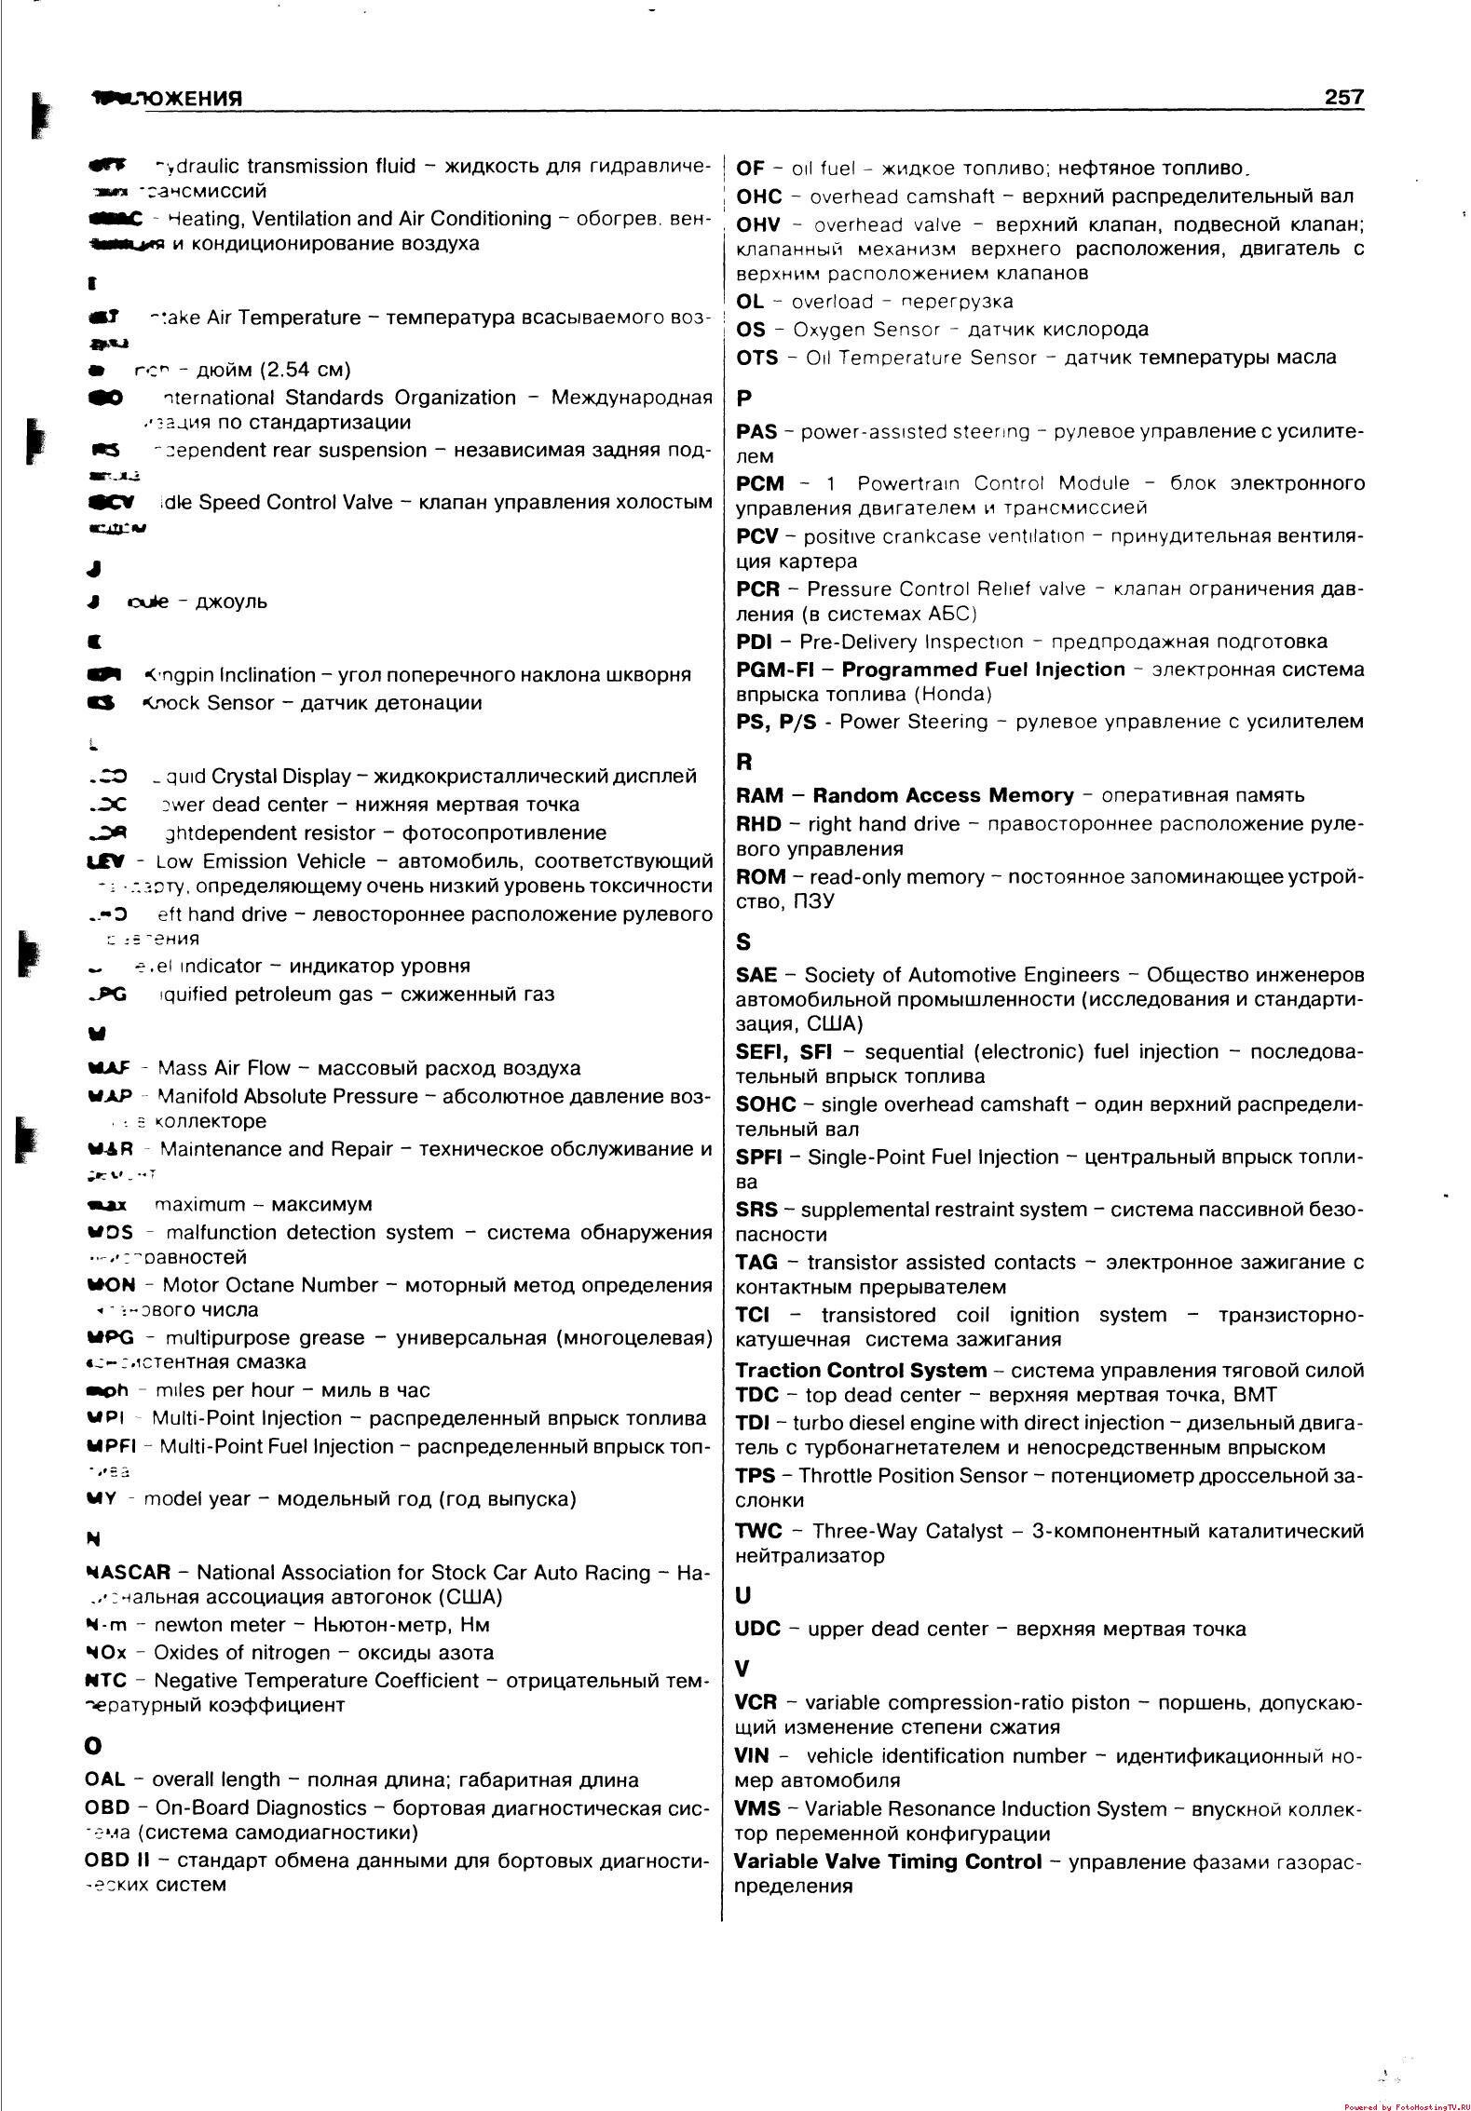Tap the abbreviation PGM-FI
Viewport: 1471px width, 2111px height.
[775, 670]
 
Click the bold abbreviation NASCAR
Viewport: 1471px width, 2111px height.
[128, 1573]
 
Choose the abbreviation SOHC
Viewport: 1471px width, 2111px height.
[766, 1104]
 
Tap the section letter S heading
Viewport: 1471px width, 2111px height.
[742, 942]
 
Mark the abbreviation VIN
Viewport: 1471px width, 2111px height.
[753, 1756]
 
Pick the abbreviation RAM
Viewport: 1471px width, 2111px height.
[759, 795]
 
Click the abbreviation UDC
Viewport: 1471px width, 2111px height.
[757, 1629]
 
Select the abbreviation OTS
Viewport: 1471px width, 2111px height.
[757, 358]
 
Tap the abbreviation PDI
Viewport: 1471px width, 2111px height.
[752, 642]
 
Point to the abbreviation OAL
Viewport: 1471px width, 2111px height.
[104, 1779]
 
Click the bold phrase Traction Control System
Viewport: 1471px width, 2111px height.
[860, 1370]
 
